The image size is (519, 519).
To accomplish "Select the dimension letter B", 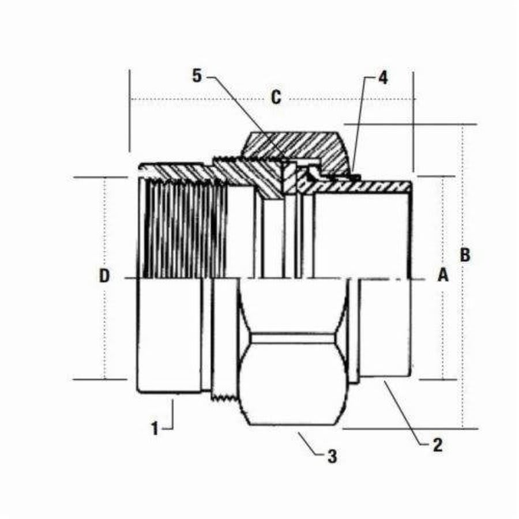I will pyautogui.click(x=465, y=254).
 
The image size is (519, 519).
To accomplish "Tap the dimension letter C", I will pyautogui.click(x=276, y=97).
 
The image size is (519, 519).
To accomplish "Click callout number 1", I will pyautogui.click(x=155, y=428).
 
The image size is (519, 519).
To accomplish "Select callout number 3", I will pyautogui.click(x=332, y=457).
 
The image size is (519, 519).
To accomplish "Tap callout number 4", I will pyautogui.click(x=382, y=78).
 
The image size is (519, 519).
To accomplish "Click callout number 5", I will pyautogui.click(x=198, y=76).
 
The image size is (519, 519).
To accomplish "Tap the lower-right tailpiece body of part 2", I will pyautogui.click(x=383, y=329).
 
